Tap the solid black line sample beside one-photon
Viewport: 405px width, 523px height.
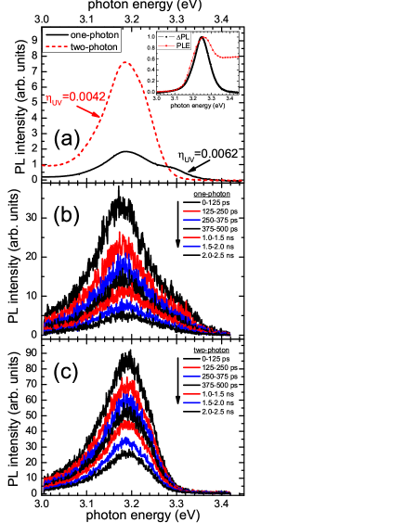[x=55, y=35]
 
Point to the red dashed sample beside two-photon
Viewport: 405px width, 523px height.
[x=55, y=46]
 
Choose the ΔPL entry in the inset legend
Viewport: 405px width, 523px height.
[x=183, y=36]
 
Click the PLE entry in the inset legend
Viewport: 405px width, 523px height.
[x=183, y=45]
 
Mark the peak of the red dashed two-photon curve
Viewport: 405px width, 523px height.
[x=126, y=62]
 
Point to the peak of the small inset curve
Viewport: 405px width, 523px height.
[x=204, y=38]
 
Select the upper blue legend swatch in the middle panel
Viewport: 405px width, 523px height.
[x=192, y=220]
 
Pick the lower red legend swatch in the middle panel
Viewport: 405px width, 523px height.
[x=192, y=238]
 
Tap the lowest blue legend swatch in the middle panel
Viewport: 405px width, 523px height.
[x=192, y=247]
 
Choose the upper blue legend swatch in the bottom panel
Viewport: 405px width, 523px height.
[x=192, y=376]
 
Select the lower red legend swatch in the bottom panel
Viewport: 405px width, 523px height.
[x=192, y=395]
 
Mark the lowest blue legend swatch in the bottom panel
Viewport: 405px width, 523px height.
[x=192, y=403]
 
